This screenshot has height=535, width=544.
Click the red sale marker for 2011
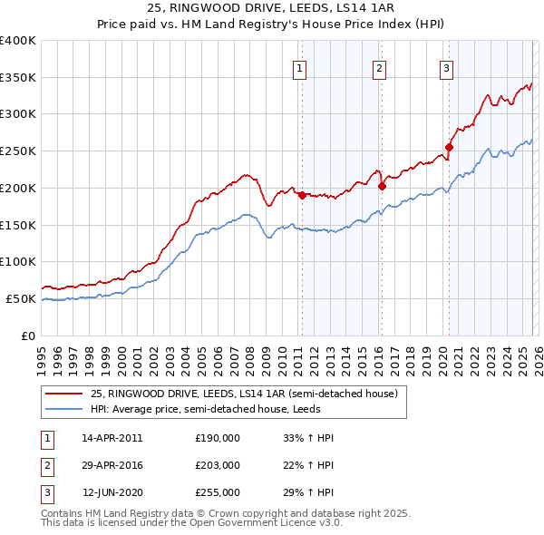click(x=302, y=195)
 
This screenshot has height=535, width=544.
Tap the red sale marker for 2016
click(x=382, y=186)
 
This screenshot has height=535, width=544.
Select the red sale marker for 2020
click(x=448, y=147)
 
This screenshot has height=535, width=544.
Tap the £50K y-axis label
click(x=21, y=298)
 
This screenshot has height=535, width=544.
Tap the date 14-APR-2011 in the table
click(x=112, y=438)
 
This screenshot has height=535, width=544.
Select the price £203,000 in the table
click(x=218, y=465)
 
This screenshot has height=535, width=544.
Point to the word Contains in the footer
click(x=64, y=513)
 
